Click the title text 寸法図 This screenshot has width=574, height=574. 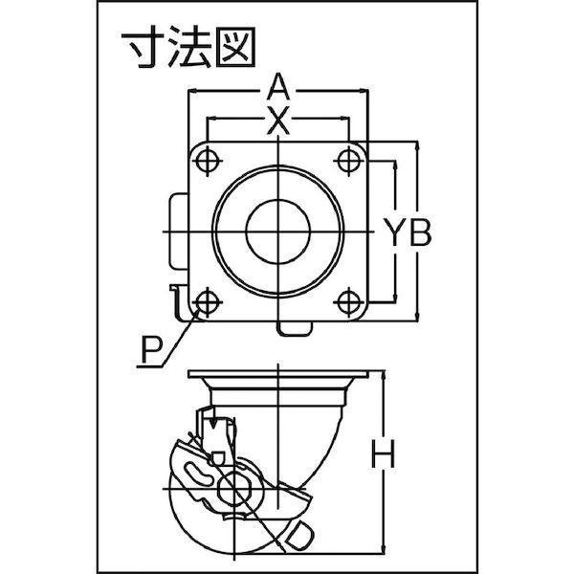pyautogui.click(x=188, y=48)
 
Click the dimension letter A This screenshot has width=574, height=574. pyautogui.click(x=278, y=86)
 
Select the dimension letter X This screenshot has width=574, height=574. pyautogui.click(x=278, y=120)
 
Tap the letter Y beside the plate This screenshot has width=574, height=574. pyautogui.click(x=394, y=232)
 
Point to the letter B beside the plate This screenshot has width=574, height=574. pyautogui.click(x=421, y=232)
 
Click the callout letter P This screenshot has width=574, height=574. pyautogui.click(x=151, y=350)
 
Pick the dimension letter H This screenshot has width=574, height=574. pyautogui.click(x=384, y=453)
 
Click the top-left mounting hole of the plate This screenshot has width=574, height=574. pyautogui.click(x=208, y=161)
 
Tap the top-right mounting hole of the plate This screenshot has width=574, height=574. pyautogui.click(x=348, y=161)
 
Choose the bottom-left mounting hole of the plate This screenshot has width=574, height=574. pyautogui.click(x=208, y=302)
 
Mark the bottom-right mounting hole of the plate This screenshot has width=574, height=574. pyautogui.click(x=348, y=302)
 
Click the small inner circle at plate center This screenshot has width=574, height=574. pyautogui.click(x=278, y=232)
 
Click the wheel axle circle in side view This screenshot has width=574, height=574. pyautogui.click(x=232, y=488)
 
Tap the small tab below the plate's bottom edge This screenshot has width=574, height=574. pyautogui.click(x=294, y=328)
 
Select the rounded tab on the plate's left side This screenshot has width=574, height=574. pyautogui.click(x=179, y=231)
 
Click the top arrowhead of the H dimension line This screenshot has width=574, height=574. pyautogui.click(x=384, y=375)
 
